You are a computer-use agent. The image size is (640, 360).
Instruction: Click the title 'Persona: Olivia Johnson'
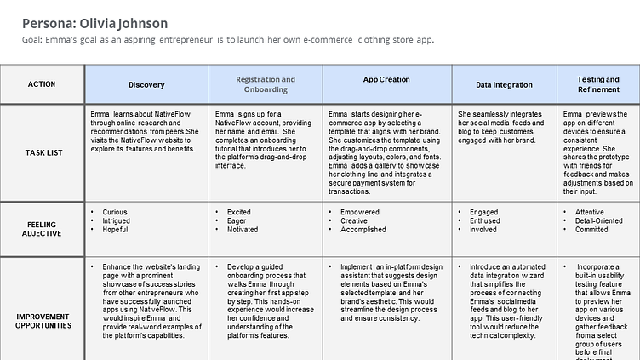pyautogui.click(x=94, y=24)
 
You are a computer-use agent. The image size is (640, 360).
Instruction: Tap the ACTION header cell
pyautogui.click(x=42, y=84)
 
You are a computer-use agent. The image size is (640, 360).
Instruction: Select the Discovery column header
pyautogui.click(x=146, y=85)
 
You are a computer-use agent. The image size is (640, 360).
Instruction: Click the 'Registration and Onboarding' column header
pyautogui.click(x=266, y=84)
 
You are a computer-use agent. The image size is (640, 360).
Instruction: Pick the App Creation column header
pyautogui.click(x=386, y=80)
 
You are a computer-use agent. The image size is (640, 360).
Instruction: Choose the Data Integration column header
pyautogui.click(x=504, y=85)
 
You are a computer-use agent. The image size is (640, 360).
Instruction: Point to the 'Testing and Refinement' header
pyautogui.click(x=598, y=84)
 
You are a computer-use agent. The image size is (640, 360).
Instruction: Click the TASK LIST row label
pyautogui.click(x=42, y=152)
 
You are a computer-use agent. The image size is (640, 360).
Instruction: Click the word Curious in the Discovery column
pyautogui.click(x=115, y=212)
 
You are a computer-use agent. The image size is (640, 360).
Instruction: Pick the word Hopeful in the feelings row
pyautogui.click(x=115, y=229)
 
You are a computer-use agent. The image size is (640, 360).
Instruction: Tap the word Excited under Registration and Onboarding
pyautogui.click(x=239, y=212)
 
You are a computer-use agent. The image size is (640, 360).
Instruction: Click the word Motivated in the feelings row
pyautogui.click(x=242, y=229)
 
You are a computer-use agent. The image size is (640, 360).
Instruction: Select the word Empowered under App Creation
pyautogui.click(x=360, y=212)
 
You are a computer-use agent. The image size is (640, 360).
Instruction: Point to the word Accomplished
pyautogui.click(x=363, y=229)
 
